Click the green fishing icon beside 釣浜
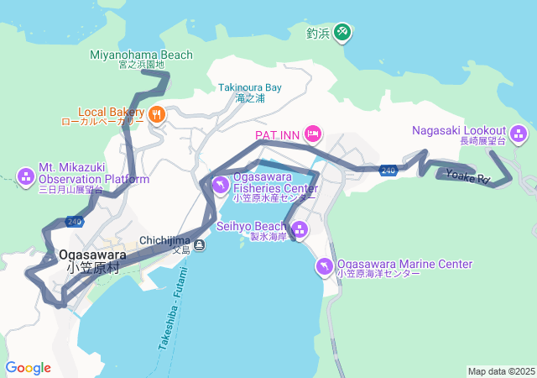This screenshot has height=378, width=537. (x=342, y=32)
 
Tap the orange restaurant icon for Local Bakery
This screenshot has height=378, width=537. (x=157, y=113)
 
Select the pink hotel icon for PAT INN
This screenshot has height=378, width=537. (x=313, y=134)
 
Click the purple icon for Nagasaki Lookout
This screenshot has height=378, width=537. (x=519, y=132)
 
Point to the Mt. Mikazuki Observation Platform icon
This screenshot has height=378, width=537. (x=25, y=176)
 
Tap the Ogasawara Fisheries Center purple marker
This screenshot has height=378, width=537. (x=220, y=185)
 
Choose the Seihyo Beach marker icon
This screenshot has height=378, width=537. (x=299, y=229)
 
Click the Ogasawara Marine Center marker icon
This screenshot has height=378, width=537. (x=324, y=266)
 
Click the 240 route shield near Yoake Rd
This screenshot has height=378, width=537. (x=388, y=170)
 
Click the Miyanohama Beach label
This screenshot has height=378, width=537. (x=141, y=55)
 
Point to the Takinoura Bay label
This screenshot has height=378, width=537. (x=250, y=87)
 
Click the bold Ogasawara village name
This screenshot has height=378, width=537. (x=93, y=255)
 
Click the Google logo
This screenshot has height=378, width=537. (x=28, y=368)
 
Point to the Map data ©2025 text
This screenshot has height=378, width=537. (x=500, y=371)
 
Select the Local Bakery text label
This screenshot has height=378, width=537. (x=112, y=111)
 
